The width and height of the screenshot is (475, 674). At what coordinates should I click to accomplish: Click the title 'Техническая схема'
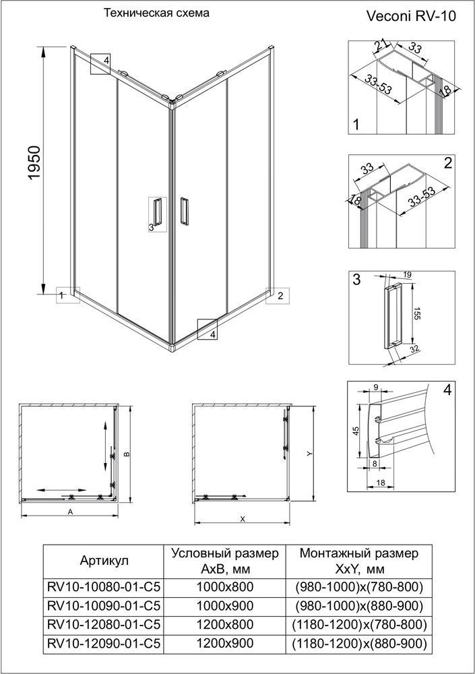pos(157,13)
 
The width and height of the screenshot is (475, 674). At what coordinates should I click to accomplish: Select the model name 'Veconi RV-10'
pos(412,16)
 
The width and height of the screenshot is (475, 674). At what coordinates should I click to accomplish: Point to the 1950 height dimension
pos(34,163)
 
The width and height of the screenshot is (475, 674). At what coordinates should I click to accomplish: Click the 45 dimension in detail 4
pos(356,431)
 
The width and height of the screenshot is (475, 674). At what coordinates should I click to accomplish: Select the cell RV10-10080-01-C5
pos(103,586)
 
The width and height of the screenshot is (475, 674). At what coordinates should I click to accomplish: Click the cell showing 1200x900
pos(225,643)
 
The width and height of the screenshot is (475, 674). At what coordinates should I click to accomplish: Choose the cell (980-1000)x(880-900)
pos(359,606)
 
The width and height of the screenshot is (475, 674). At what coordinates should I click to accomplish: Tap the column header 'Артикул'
pos(104,561)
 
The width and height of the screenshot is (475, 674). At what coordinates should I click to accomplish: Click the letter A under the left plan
pos(71,512)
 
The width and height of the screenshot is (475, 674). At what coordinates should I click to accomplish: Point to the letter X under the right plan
pos(243,519)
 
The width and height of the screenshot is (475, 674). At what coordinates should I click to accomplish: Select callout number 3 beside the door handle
pos(151,227)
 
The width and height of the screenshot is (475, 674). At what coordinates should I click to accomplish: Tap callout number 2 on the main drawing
pos(280,296)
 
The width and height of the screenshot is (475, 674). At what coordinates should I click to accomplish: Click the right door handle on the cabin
pos(184,210)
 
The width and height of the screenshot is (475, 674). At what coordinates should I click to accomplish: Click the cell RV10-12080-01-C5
pos(103,624)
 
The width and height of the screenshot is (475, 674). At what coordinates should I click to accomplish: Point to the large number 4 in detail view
pos(447,390)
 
